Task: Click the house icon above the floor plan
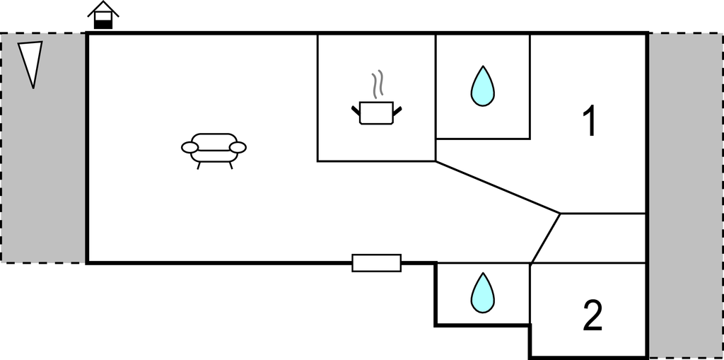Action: click(x=103, y=16)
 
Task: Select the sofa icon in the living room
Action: click(x=214, y=148)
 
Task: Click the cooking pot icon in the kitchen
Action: click(x=376, y=112)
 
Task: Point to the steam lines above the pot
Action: click(x=379, y=83)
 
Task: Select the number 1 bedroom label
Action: click(x=589, y=122)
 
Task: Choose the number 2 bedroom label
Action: click(x=592, y=316)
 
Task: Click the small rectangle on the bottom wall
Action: click(x=376, y=262)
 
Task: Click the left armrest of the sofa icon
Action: click(x=189, y=147)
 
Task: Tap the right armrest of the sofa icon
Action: click(x=238, y=147)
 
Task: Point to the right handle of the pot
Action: click(x=397, y=110)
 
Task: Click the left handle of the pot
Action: click(x=356, y=110)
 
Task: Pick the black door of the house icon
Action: click(x=103, y=24)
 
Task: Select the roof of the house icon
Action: click(x=103, y=8)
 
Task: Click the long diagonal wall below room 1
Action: click(x=498, y=187)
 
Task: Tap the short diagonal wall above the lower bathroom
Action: click(x=546, y=238)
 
